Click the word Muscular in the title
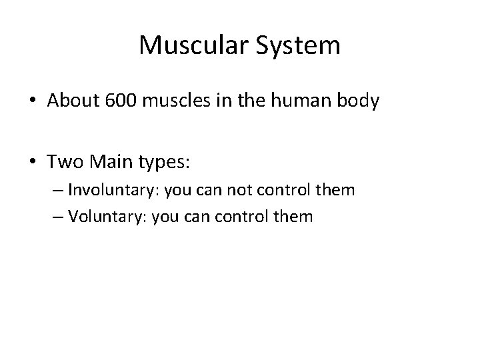[189, 45]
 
